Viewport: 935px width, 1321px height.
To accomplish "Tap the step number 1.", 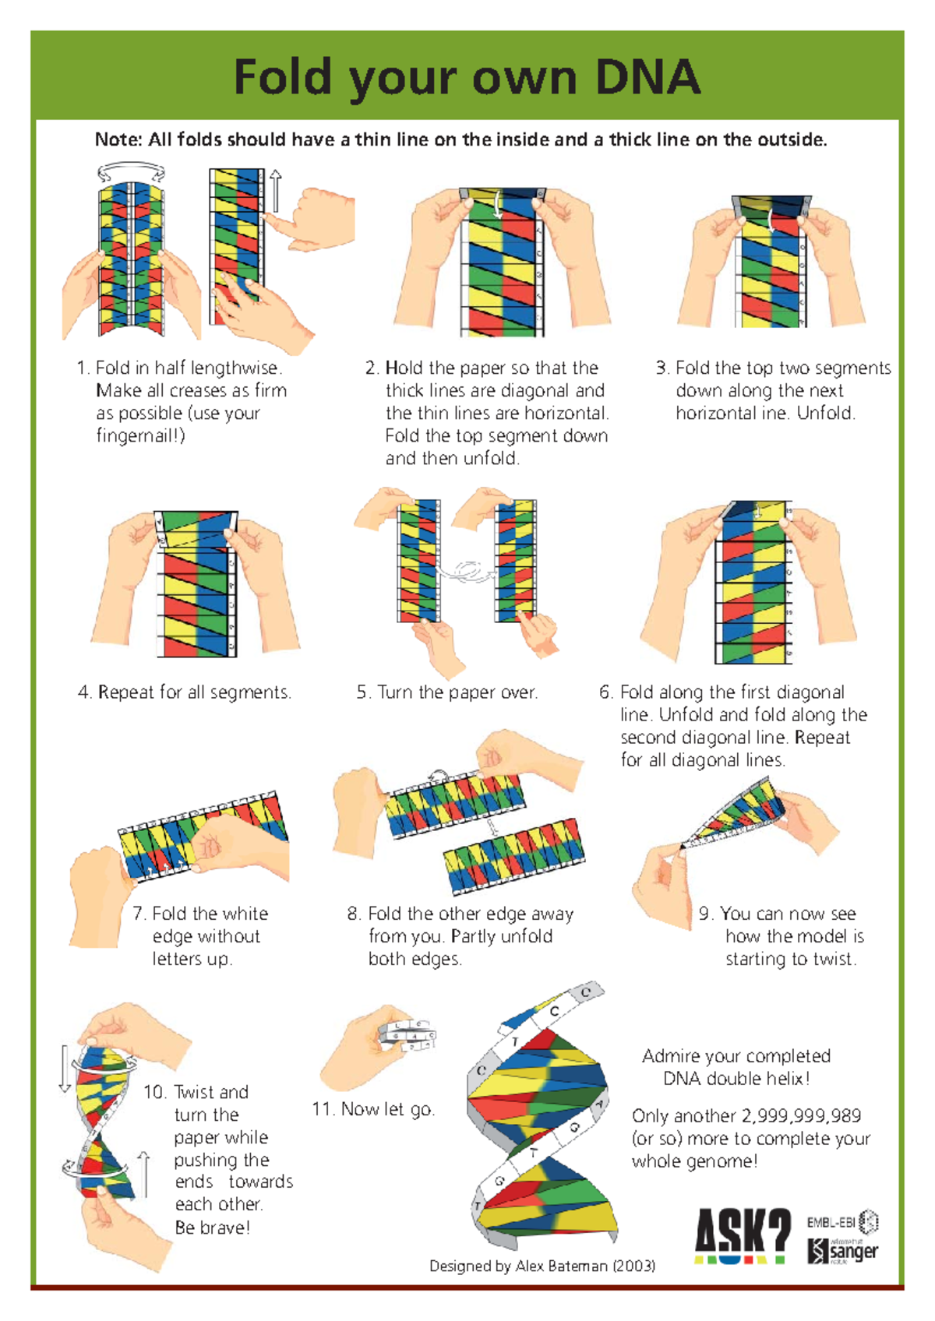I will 83,368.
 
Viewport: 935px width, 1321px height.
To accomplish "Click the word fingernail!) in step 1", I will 141,435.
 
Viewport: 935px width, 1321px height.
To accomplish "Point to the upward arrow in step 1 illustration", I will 276,191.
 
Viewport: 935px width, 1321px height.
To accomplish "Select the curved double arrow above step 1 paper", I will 131,171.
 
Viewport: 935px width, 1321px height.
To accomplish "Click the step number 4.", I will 84,692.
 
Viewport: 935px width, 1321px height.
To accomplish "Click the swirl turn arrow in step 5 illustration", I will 467,572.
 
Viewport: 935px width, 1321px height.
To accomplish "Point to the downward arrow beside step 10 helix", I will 65,1069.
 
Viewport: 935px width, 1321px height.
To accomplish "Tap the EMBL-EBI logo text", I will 831,1222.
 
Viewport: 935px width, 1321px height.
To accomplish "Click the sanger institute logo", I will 844,1251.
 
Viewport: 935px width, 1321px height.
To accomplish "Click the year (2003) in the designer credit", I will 633,1266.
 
